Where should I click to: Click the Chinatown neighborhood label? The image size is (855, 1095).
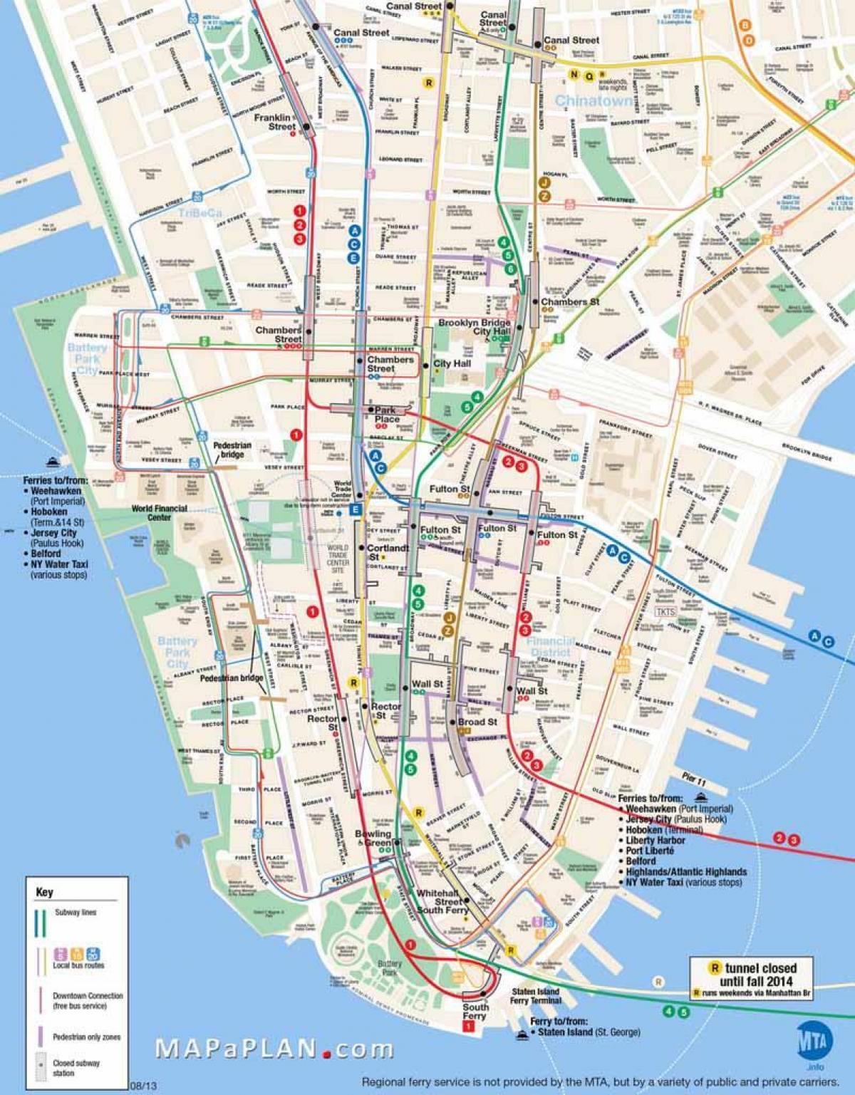594,101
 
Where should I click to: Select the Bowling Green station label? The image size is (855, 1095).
374,838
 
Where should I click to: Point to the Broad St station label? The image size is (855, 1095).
477,722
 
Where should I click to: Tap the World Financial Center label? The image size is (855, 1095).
159,513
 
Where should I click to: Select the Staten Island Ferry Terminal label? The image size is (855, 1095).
536,996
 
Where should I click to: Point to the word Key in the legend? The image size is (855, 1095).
44,892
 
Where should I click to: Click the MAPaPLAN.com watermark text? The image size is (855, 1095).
274,1049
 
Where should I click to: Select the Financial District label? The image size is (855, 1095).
550,646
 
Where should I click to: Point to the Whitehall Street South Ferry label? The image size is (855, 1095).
442,901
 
